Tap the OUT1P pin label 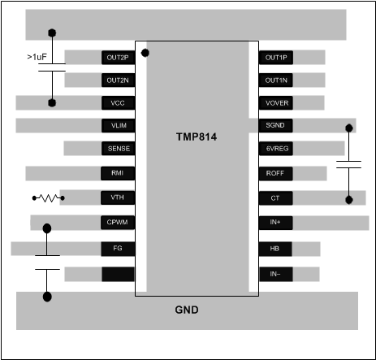coord(276,58)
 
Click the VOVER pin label coord(276,103)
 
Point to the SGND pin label coord(275,126)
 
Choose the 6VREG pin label coord(276,149)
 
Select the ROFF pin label coord(275,173)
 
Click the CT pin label coord(275,197)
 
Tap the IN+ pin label coord(275,222)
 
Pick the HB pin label coord(275,248)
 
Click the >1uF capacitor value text coord(41,58)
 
